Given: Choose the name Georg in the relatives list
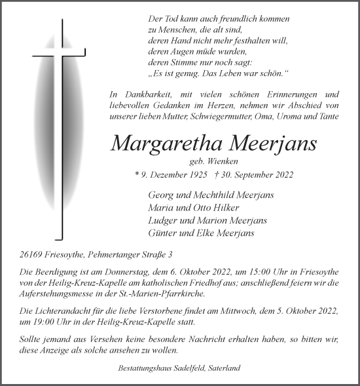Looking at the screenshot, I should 162,195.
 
